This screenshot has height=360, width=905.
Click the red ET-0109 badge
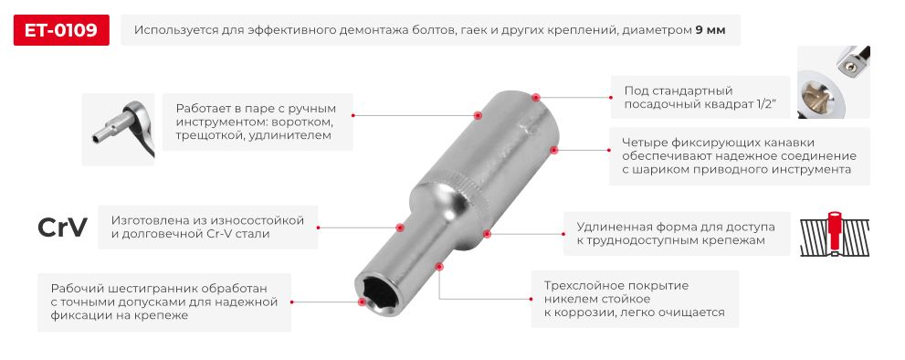[x=61, y=30]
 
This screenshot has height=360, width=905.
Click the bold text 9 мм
[x=710, y=30]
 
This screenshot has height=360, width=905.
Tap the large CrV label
[x=62, y=228]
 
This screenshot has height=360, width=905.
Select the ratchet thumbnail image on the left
[x=118, y=128]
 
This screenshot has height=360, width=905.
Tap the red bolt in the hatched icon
[x=833, y=230]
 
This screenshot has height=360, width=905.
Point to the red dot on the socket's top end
[x=536, y=96]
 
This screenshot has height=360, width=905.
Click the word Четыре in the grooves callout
[x=643, y=142]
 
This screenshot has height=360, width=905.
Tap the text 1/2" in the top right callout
[x=762, y=104]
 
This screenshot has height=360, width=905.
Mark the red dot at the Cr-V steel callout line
[x=399, y=228]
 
